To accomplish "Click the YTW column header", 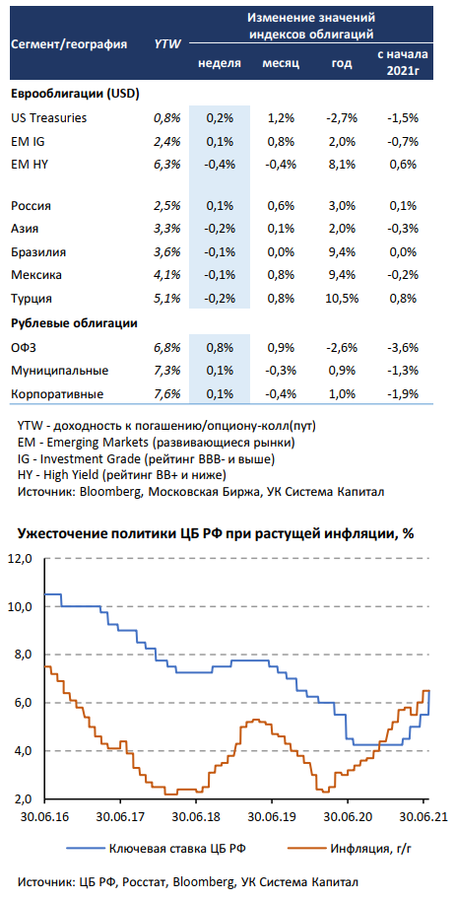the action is [x=167, y=42].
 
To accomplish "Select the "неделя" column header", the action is [x=220, y=62].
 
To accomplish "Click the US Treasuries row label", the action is [x=49, y=118].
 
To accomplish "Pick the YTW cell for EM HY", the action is [x=167, y=165].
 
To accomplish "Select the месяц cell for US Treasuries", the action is [x=281, y=118].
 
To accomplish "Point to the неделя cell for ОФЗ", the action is [x=220, y=347].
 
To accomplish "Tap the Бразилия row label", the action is [x=38, y=252].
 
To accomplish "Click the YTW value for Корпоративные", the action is [x=167, y=394].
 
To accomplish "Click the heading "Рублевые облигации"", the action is [x=75, y=323].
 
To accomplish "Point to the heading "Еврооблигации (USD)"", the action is [x=76, y=94].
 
